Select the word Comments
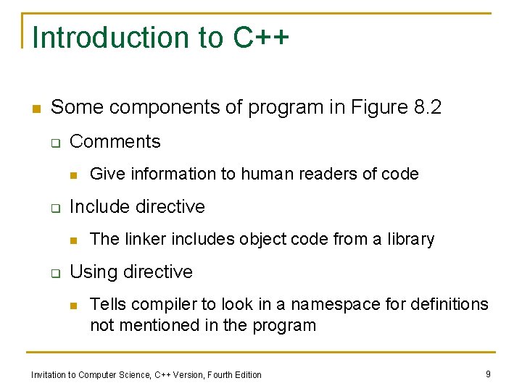[115, 141]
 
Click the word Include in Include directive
[98, 206]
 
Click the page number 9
[489, 374]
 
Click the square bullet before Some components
[35, 109]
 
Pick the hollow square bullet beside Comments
[54, 142]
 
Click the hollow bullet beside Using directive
[54, 272]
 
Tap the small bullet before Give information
[74, 175]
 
